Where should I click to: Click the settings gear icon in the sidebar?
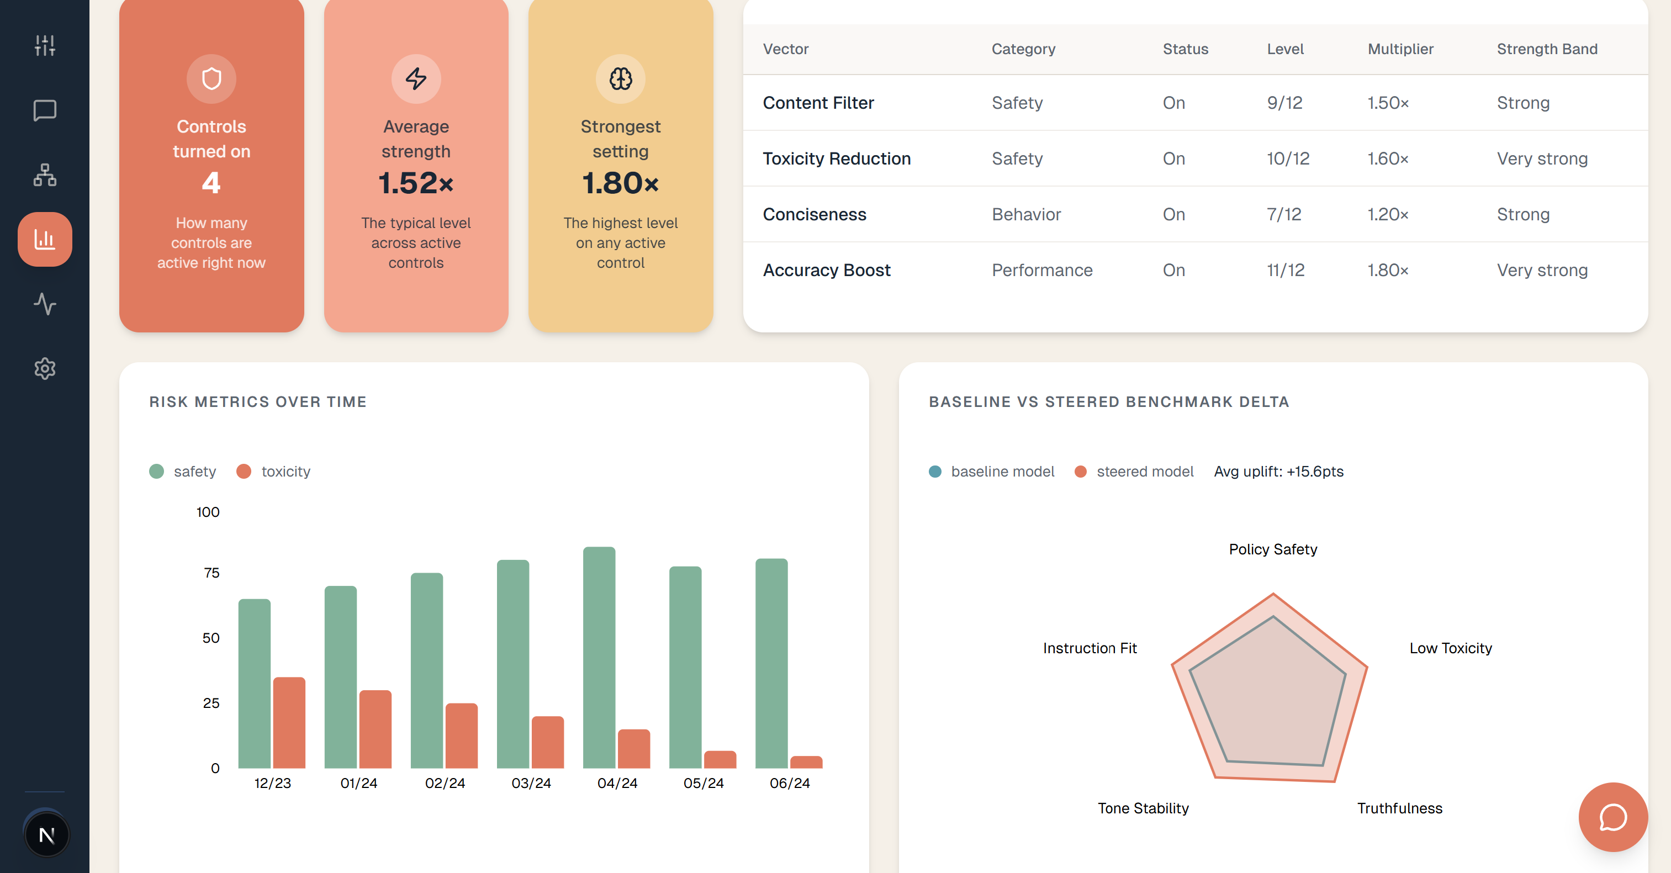[45, 368]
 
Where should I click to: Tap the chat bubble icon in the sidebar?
[45, 110]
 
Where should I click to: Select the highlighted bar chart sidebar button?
[45, 239]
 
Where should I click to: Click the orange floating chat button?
[1612, 817]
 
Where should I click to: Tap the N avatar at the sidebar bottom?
[46, 835]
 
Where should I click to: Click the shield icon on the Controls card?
[211, 79]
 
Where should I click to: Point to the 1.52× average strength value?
[416, 183]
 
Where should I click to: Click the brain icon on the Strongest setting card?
[621, 79]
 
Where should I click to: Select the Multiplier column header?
[1400, 49]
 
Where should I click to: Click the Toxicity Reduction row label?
[836, 159]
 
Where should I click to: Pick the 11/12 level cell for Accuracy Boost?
[1285, 271]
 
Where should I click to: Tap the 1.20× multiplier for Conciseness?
[1388, 215]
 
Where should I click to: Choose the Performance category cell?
[1042, 271]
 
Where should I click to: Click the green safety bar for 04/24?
[599, 657]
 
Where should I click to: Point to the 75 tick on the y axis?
[211, 573]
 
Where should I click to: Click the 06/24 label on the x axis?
[790, 783]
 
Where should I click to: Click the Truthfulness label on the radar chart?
[1399, 808]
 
